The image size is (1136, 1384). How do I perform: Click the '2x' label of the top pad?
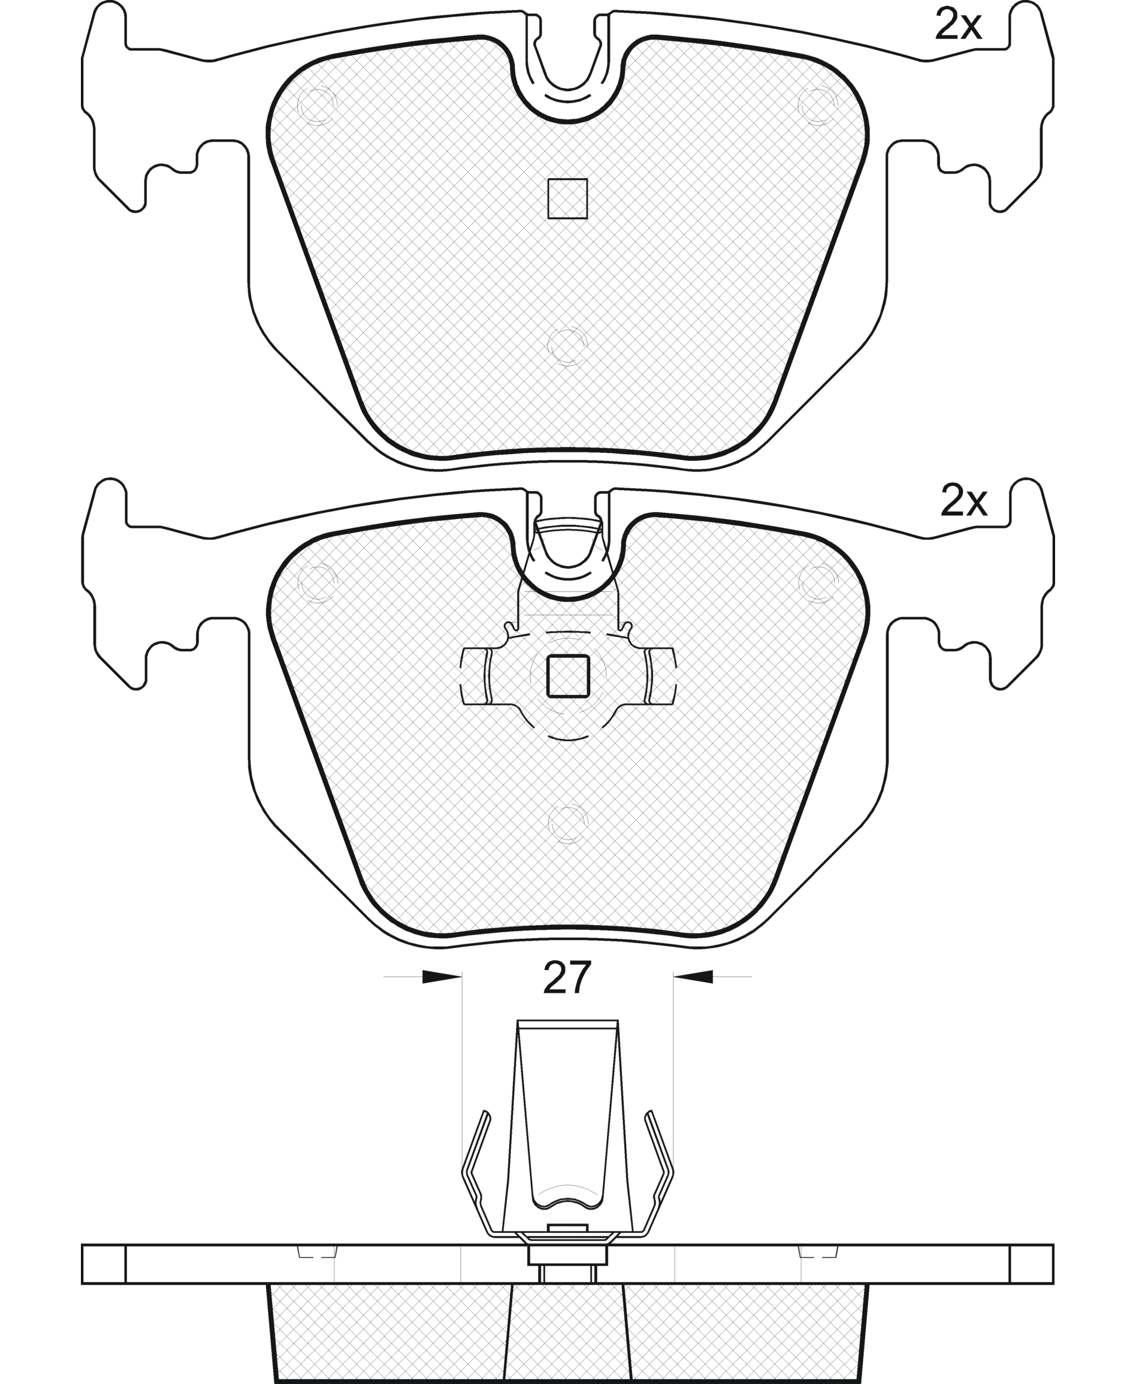click(x=959, y=26)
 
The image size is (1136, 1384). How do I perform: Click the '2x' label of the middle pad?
click(x=963, y=502)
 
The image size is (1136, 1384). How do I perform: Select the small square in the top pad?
click(x=567, y=198)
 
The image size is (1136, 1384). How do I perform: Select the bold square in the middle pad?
click(x=568, y=676)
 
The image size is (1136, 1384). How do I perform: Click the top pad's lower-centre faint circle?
click(x=567, y=345)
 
